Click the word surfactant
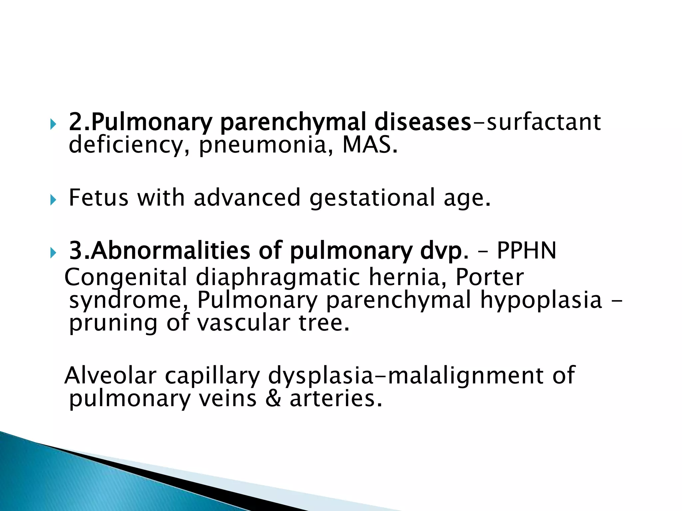543,122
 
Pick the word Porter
489,277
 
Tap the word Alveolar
110,375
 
